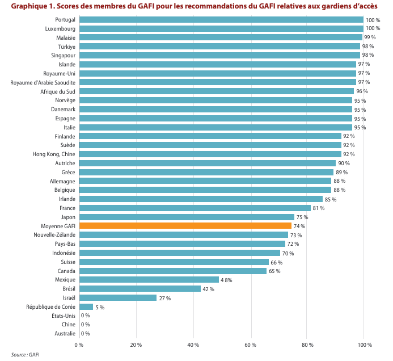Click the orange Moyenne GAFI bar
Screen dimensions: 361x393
185,226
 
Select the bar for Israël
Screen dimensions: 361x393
118,297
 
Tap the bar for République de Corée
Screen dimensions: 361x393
86,307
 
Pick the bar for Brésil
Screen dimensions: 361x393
140,288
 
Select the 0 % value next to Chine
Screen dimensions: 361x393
86,325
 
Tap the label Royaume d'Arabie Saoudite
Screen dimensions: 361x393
43,82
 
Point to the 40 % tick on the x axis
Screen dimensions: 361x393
193,345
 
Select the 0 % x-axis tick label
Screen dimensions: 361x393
79,345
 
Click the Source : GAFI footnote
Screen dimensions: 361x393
25,355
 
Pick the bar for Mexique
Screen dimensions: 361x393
149,280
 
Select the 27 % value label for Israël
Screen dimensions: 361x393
164,297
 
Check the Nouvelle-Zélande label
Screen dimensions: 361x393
55,235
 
